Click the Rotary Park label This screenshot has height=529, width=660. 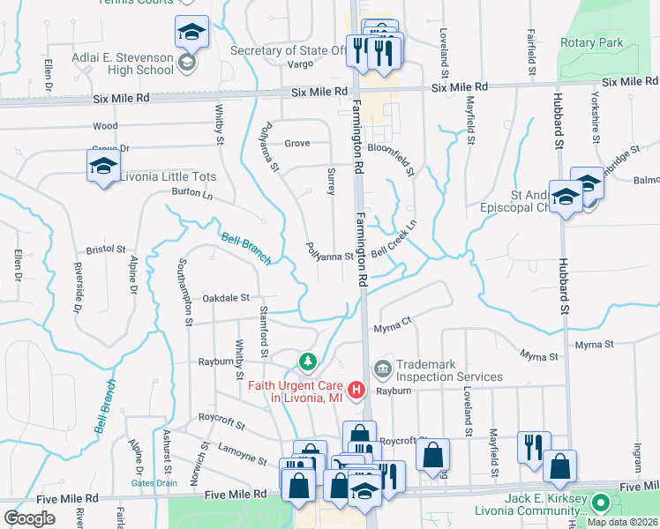(x=591, y=42)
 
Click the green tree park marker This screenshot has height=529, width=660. (x=307, y=361)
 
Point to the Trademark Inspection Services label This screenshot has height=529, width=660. (x=449, y=370)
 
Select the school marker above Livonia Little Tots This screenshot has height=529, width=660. (x=103, y=167)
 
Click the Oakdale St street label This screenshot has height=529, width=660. (x=228, y=298)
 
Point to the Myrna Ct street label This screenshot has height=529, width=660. (x=393, y=325)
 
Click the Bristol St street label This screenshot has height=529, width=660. (x=106, y=250)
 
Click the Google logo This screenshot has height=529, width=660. (x=29, y=518)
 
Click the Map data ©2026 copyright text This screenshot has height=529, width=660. (x=621, y=522)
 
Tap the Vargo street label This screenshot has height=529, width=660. (x=300, y=64)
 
